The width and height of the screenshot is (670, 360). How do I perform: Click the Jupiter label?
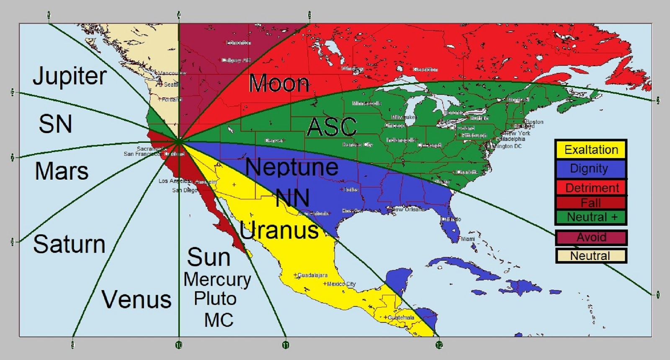70,76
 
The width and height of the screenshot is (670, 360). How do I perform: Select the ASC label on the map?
332,126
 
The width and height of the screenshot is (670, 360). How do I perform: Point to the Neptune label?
291,167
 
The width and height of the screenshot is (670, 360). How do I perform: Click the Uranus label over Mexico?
279,230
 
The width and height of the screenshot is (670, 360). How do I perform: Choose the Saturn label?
69,244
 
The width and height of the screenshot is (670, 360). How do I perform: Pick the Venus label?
137,299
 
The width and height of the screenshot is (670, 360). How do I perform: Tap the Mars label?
62,171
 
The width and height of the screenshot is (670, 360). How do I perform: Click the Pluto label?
215,299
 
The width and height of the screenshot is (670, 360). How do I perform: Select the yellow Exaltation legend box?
591,149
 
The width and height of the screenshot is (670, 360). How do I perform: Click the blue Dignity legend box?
591,169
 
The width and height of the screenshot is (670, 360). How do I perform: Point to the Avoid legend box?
591,237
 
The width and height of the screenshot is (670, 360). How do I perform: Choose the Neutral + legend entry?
591,217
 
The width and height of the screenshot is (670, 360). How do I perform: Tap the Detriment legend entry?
591,188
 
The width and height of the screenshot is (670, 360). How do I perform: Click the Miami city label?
468,239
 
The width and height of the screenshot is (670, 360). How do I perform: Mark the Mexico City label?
341,284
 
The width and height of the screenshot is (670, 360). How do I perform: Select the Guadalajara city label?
312,275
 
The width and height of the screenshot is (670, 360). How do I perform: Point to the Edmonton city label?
238,43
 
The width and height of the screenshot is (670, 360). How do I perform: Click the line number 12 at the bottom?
439,345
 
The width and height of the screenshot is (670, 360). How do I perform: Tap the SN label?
55,124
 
